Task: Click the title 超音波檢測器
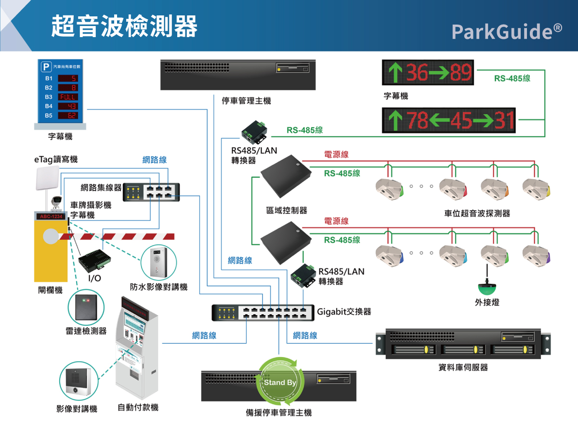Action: (x=124, y=26)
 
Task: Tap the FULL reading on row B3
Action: (x=66, y=97)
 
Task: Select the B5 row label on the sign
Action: (x=49, y=116)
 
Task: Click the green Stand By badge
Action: (x=280, y=383)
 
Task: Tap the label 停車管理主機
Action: (x=246, y=101)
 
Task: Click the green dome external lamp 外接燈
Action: (x=487, y=289)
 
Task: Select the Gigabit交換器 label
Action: (x=344, y=311)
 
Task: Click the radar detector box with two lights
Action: (x=86, y=306)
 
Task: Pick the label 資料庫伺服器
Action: (x=463, y=367)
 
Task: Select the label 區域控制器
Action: (x=287, y=210)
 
